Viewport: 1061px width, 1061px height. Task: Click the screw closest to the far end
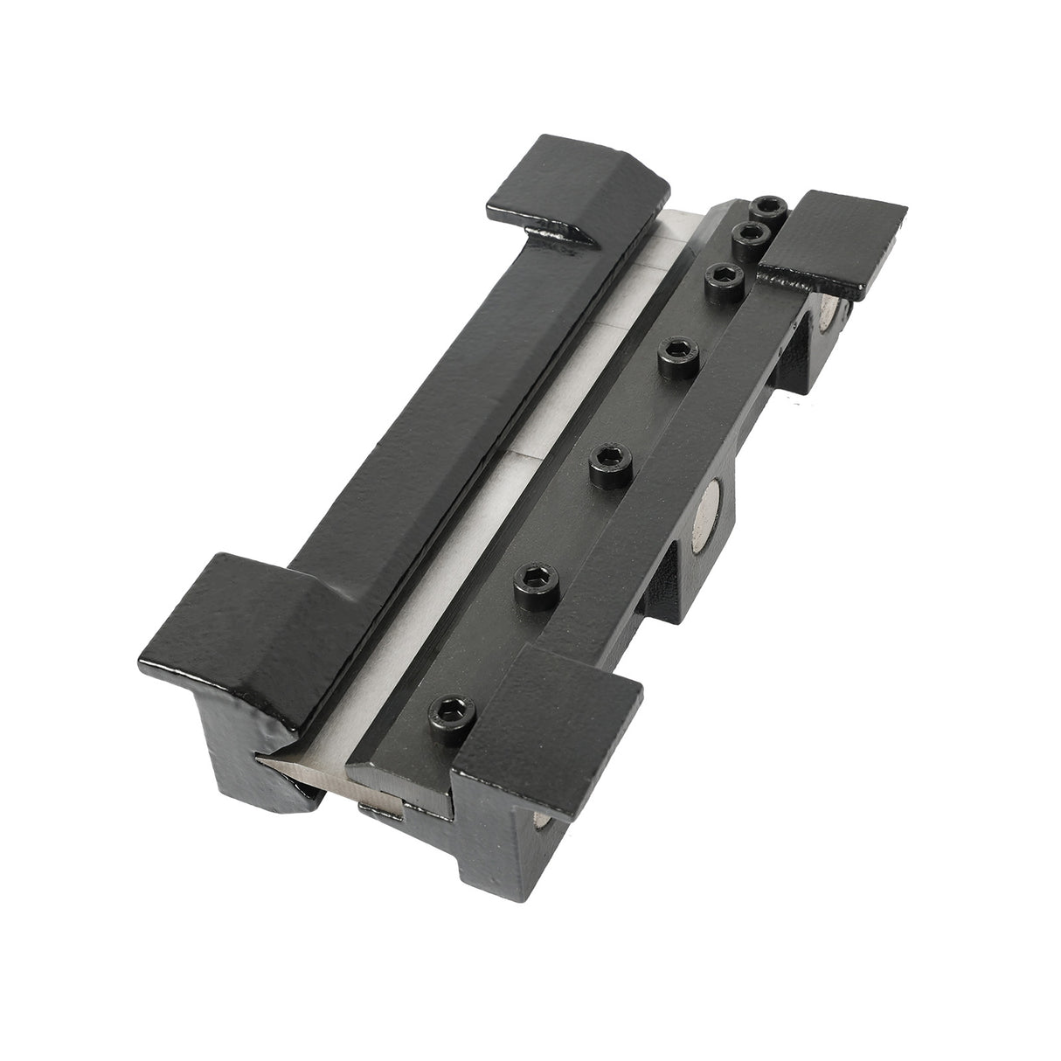coord(769,208)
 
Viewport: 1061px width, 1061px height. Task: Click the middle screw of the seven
coord(677,352)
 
